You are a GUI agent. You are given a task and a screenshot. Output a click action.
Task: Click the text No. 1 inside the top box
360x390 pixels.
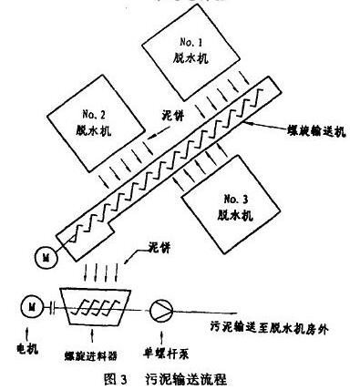pos(183,41)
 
